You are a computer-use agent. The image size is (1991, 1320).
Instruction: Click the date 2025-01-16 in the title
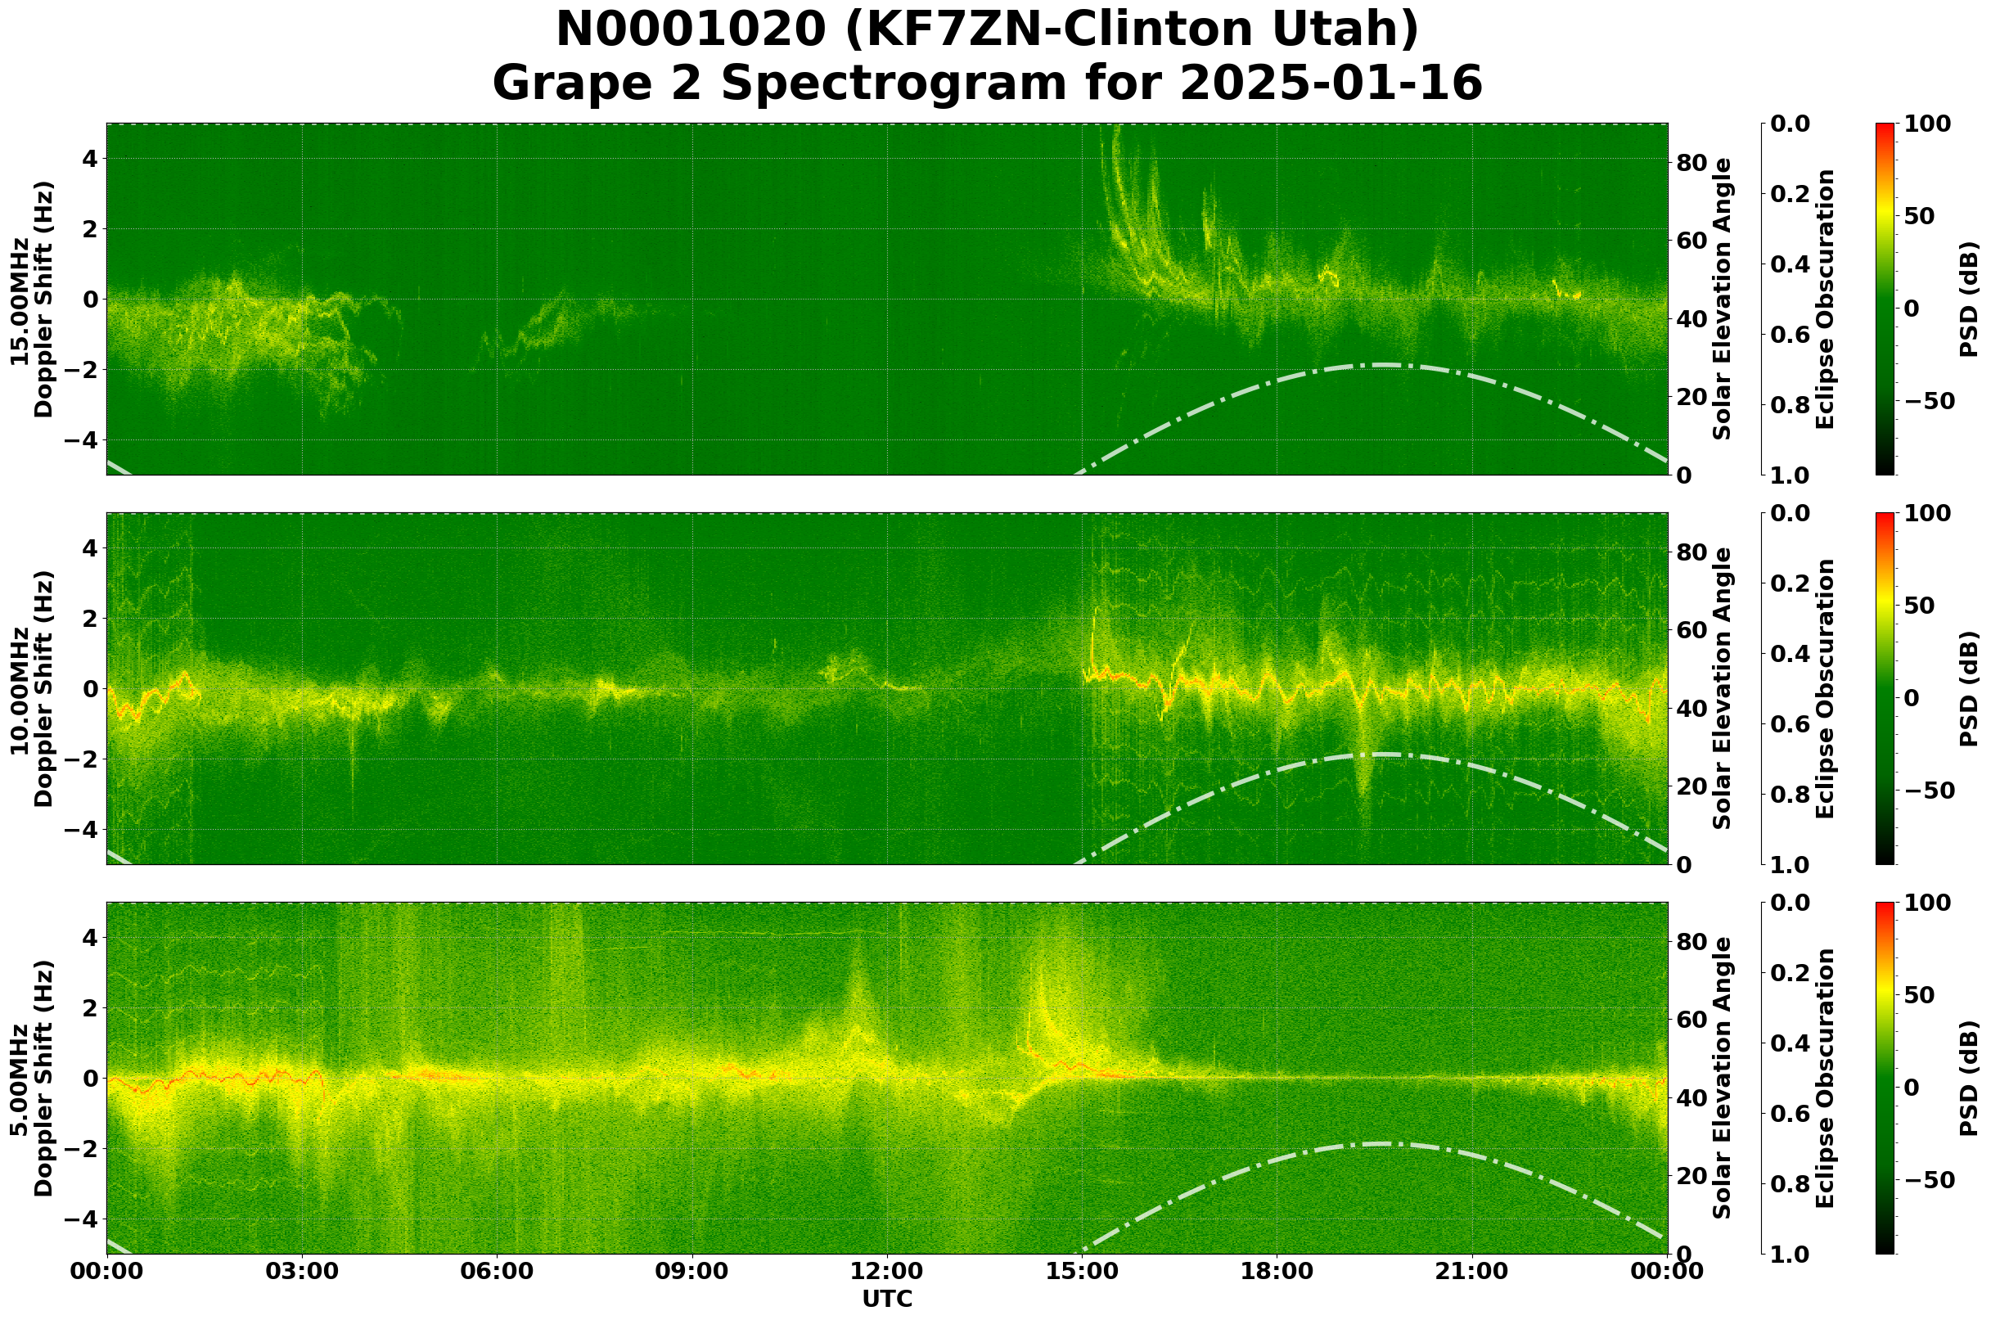point(1330,84)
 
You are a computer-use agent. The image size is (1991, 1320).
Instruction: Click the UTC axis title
point(887,1299)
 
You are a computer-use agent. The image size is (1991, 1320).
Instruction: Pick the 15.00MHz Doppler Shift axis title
point(32,299)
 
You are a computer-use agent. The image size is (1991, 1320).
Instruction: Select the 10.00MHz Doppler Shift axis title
point(32,688)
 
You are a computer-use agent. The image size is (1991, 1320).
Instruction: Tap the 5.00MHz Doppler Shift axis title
point(32,1079)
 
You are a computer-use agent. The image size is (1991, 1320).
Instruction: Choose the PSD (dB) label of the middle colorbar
point(1968,688)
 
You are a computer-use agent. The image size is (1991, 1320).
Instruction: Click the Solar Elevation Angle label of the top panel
point(1723,299)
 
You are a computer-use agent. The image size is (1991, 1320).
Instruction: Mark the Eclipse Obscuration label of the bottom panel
point(1824,1079)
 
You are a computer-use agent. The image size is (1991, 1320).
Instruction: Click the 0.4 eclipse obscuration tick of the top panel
point(1794,264)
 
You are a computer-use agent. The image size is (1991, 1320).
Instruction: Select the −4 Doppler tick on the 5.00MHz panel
point(87,1219)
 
